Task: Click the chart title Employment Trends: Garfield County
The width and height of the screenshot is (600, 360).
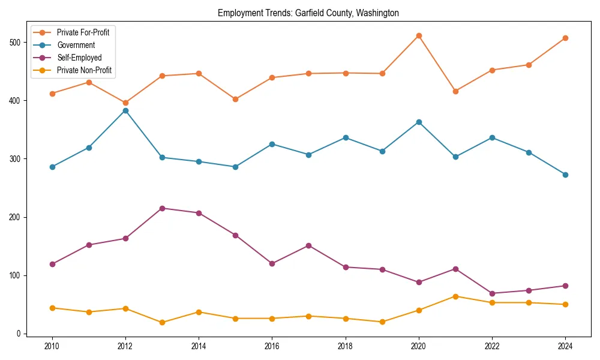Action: pyautogui.click(x=308, y=13)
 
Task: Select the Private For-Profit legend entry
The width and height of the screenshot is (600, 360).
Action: pyautogui.click(x=83, y=32)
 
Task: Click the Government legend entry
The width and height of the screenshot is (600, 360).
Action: pyautogui.click(x=76, y=45)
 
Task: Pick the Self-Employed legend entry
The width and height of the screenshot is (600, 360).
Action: pyautogui.click(x=79, y=58)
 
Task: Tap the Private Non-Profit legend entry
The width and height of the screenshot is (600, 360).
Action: pyautogui.click(x=84, y=70)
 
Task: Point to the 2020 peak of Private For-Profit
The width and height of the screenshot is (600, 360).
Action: pyautogui.click(x=419, y=35)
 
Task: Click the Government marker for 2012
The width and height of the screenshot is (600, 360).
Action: pyautogui.click(x=125, y=110)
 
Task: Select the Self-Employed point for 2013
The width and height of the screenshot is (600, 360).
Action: pyautogui.click(x=162, y=208)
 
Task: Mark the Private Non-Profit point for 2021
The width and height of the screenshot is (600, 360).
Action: pyautogui.click(x=455, y=296)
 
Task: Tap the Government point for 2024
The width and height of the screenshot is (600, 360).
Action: pyautogui.click(x=565, y=175)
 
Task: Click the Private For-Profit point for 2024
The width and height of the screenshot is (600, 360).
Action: pyautogui.click(x=565, y=38)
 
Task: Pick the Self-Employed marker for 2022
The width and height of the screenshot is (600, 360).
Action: pyautogui.click(x=492, y=293)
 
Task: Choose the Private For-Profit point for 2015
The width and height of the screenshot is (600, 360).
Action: pyautogui.click(x=235, y=99)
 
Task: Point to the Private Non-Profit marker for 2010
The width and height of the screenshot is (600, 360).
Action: pyautogui.click(x=52, y=308)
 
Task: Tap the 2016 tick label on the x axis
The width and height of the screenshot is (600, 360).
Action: pyautogui.click(x=272, y=347)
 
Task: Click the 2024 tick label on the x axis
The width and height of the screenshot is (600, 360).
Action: pyautogui.click(x=565, y=347)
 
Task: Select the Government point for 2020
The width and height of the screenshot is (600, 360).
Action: pyautogui.click(x=419, y=122)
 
